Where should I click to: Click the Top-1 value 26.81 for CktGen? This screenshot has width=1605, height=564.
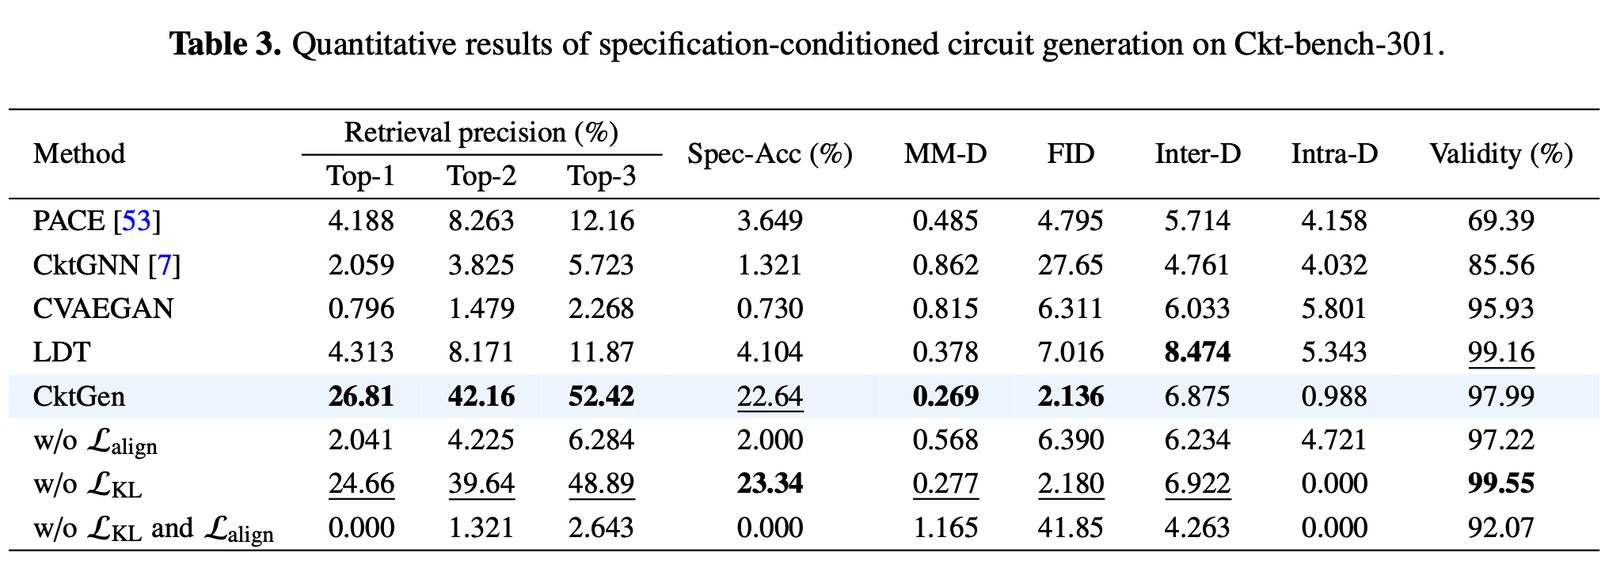361,396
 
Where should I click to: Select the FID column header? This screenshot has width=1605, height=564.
1070,153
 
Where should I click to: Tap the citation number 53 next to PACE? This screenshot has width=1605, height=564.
136,221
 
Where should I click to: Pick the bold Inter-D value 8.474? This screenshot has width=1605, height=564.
1197,352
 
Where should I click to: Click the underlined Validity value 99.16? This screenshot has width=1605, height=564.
1500,352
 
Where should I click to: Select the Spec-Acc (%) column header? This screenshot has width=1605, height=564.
769,153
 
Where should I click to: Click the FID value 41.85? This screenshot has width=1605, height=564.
1070,528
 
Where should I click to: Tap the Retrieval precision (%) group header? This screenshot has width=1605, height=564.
481,132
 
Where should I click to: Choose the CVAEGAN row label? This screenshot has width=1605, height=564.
103,308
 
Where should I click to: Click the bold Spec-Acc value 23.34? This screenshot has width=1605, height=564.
770,483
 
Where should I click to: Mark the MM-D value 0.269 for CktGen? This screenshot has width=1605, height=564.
945,396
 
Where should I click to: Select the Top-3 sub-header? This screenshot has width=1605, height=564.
601,176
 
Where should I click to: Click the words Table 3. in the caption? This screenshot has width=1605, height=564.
226,44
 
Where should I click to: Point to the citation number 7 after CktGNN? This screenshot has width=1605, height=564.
165,265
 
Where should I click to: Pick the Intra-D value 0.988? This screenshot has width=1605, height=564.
1333,396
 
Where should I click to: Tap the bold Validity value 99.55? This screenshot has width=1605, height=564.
1500,483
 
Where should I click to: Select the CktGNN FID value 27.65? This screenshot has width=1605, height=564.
1070,265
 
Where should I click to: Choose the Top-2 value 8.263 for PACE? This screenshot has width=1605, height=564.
481,221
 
